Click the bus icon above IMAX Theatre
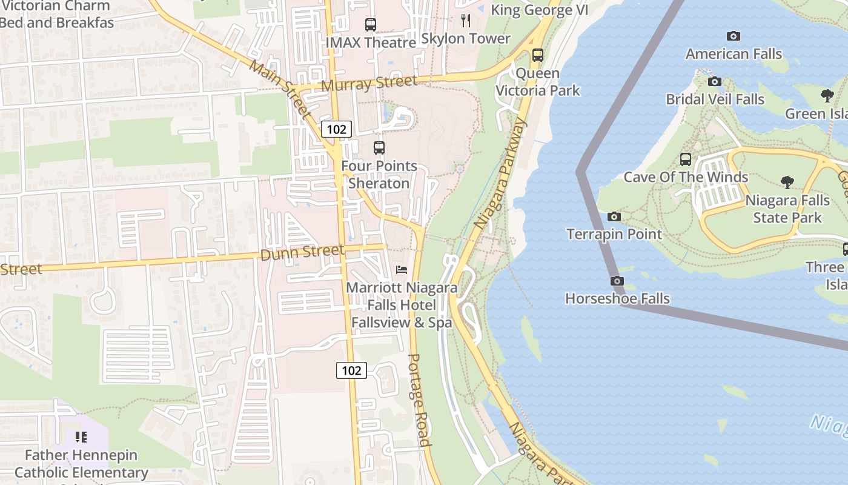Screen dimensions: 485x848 370,25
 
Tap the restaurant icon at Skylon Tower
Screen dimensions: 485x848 466,21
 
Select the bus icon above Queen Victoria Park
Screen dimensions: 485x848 537,55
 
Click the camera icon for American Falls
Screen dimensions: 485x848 734,36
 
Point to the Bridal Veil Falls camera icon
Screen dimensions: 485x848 715,81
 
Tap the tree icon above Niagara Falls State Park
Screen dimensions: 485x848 787,182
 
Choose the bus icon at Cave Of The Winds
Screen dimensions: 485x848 686,159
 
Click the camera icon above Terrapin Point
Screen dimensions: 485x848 614,217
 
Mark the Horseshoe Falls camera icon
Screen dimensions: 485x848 617,281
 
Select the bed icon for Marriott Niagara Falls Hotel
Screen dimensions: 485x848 401,270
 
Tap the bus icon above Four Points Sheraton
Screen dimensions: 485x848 379,148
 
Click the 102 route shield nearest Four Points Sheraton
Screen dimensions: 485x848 336,129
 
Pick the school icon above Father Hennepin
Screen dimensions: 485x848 81,437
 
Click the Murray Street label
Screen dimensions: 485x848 369,83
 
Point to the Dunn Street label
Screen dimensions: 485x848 302,252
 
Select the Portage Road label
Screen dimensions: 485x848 419,400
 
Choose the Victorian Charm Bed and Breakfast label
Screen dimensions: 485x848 56,15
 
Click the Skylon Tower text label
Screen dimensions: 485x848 466,39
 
